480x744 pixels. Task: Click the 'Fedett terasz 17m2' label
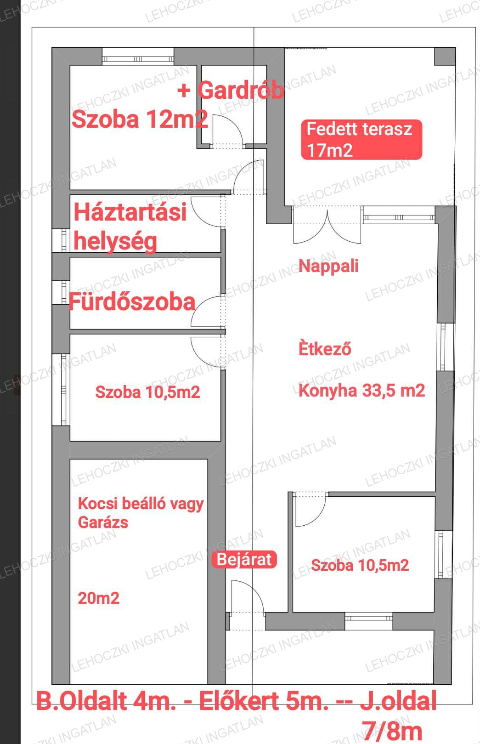click(361, 140)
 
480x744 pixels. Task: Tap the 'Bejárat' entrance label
click(244, 559)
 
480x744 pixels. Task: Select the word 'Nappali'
click(328, 266)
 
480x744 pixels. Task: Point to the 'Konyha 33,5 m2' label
click(361, 390)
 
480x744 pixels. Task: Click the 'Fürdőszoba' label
click(132, 302)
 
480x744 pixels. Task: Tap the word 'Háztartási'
click(130, 212)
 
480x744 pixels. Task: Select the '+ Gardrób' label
click(231, 90)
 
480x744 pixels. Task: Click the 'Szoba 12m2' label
click(140, 119)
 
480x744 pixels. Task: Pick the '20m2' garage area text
click(99, 598)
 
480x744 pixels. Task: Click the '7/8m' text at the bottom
click(392, 731)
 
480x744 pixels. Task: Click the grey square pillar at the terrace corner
click(445, 56)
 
